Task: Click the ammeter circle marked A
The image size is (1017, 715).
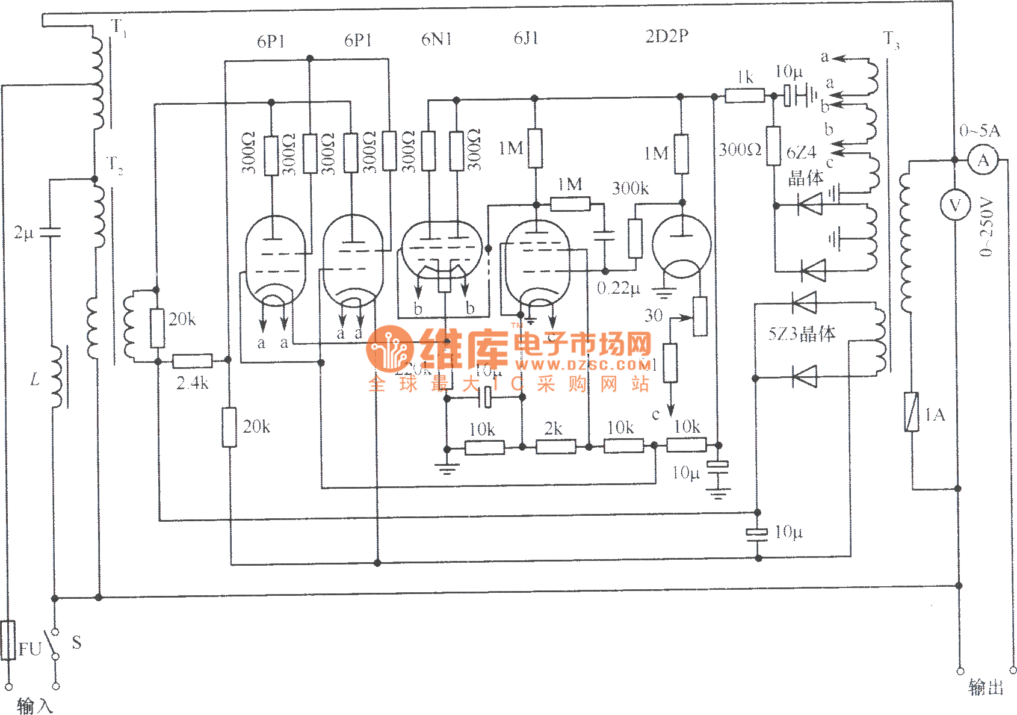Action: (983, 161)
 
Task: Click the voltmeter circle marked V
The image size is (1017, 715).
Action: (955, 206)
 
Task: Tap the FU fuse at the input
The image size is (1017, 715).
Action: (8, 640)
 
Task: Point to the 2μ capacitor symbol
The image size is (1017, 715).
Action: (51, 232)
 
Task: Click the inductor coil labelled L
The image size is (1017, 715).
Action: (56, 377)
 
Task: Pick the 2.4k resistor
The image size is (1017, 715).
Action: (193, 361)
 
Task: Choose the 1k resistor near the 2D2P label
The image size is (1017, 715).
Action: (744, 95)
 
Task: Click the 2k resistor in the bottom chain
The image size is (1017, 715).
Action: (555, 447)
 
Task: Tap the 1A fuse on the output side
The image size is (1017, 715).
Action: (912, 412)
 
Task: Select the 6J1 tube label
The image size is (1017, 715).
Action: (526, 39)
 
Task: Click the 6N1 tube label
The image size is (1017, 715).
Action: (436, 39)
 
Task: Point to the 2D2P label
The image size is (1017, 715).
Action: (667, 36)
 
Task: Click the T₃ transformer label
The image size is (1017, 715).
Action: (891, 40)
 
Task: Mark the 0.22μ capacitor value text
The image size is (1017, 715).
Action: (618, 288)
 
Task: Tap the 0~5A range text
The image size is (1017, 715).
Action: (979, 131)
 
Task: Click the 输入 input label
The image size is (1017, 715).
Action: (35, 705)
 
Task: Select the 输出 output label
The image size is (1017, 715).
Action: (986, 687)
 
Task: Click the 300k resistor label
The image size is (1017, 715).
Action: (630, 188)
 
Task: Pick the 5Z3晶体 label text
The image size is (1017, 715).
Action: (802, 333)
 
